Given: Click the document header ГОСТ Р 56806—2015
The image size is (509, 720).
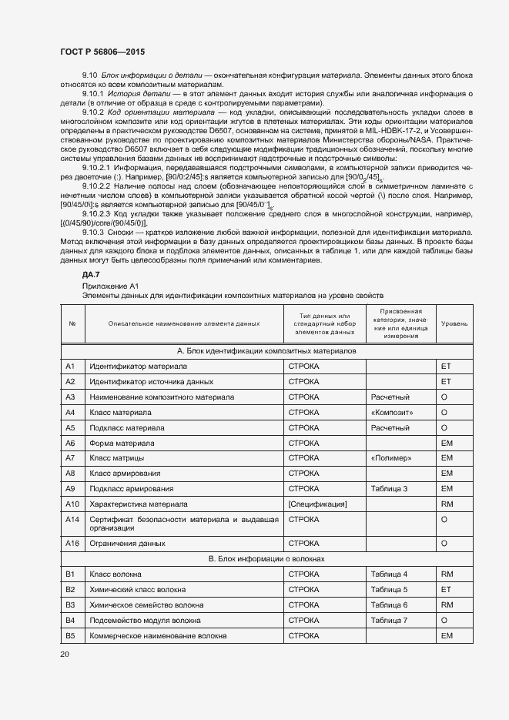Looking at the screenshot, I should [x=102, y=52].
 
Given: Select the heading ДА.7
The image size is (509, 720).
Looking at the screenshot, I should [x=91, y=275].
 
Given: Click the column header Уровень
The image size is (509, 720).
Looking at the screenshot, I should [x=454, y=323].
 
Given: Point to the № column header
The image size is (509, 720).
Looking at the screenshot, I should [x=72, y=323].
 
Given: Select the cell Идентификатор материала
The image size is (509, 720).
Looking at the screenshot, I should [x=139, y=367].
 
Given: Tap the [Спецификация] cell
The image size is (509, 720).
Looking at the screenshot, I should [x=317, y=504].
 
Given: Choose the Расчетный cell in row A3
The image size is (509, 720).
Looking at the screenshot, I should [x=390, y=397].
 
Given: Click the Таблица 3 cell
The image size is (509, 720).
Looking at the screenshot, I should [x=389, y=489].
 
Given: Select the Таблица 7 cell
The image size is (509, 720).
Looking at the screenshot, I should [x=389, y=621].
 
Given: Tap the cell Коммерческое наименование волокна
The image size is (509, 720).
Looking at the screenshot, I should [x=158, y=636].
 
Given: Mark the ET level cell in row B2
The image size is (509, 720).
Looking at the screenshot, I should [x=445, y=590].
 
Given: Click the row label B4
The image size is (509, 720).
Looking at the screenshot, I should [x=70, y=621].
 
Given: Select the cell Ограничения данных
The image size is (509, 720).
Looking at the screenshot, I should [x=127, y=544].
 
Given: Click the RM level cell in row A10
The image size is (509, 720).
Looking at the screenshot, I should [x=446, y=504].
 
